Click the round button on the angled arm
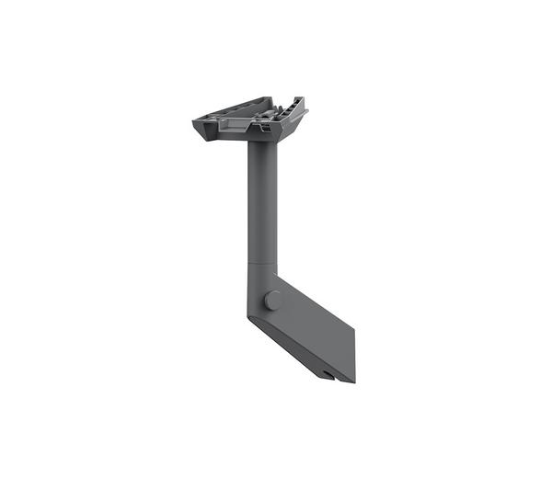click(272, 300)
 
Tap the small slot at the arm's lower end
click(329, 374)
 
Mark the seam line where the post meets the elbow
click(263, 265)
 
